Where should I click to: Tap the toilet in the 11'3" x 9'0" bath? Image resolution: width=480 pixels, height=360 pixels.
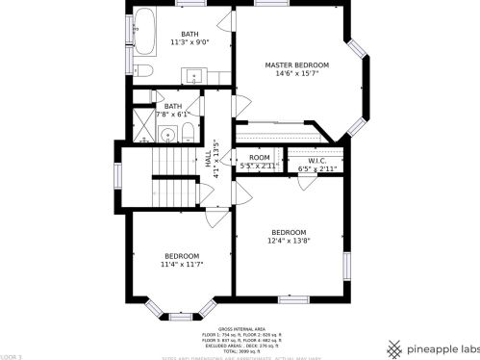pos(143,70)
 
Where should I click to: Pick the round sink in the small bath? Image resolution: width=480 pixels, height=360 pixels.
pos(166,135)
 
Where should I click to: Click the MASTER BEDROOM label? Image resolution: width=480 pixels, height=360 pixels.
pos(296,65)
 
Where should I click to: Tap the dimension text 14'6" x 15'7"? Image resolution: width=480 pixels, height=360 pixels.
pos(296,74)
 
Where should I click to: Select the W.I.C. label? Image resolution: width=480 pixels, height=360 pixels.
pos(316,161)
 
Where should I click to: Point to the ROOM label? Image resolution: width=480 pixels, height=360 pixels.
pos(260,157)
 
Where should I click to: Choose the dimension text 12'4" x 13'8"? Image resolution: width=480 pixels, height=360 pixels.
pos(289,241)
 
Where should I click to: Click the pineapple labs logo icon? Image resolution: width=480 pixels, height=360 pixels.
pos(393,347)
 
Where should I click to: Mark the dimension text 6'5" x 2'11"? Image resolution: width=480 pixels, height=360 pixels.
pos(316,168)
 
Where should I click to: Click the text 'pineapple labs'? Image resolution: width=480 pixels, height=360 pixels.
pos(442,347)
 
